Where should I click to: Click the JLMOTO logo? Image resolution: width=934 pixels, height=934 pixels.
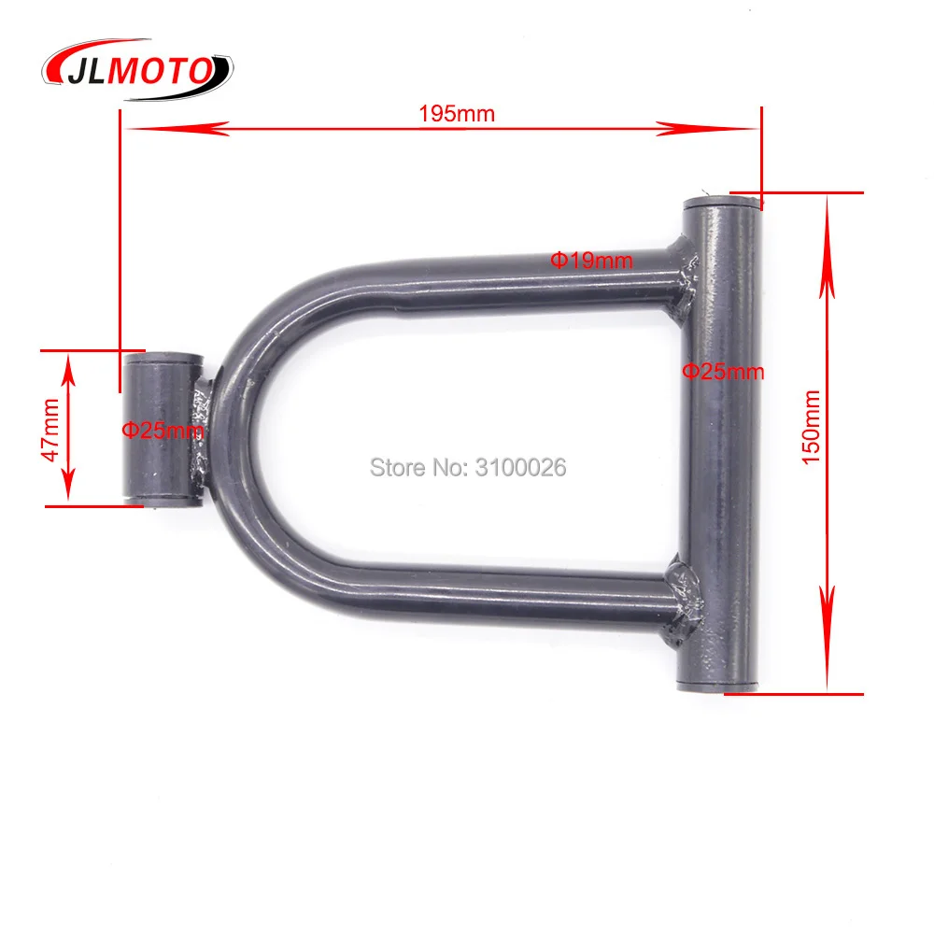137,64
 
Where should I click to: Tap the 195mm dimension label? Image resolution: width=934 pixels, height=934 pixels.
457,114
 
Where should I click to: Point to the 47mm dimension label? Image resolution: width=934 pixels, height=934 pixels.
50,429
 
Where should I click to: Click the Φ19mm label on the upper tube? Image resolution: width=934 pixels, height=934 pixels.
590,261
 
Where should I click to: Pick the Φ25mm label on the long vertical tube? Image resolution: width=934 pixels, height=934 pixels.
722,372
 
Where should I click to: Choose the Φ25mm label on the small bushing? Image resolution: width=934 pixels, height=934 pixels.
163,431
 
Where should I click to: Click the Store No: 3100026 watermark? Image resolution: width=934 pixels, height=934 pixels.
468,467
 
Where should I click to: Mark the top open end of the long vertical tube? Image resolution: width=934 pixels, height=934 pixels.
721,202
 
